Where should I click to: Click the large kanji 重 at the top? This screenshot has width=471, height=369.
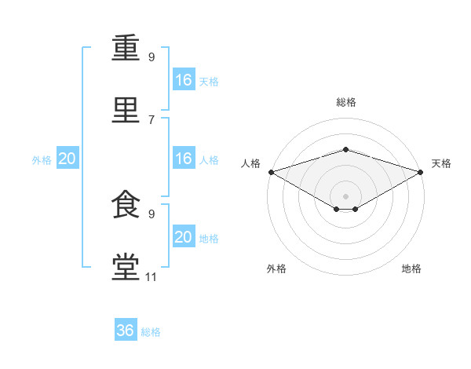(126, 47)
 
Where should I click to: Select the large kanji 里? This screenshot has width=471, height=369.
(126, 110)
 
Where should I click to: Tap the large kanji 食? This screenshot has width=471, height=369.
(126, 204)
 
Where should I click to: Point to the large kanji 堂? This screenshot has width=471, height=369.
(126, 267)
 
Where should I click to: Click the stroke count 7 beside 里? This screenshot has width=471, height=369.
(152, 120)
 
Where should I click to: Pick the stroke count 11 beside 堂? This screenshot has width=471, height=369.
(151, 277)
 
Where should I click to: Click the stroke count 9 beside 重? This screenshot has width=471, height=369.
(152, 57)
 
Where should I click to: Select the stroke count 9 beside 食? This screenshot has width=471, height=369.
(152, 214)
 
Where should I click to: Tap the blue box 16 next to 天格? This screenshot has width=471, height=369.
(184, 79)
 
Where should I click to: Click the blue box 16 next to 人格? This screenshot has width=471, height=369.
(184, 158)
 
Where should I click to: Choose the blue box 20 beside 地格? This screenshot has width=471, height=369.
(184, 236)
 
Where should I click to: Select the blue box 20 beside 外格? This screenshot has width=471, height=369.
(68, 158)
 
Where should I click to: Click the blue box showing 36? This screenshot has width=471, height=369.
(126, 329)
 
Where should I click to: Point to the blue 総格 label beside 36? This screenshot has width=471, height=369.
(151, 332)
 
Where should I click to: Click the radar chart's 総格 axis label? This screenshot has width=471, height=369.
(346, 102)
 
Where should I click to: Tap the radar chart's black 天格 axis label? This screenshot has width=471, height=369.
(441, 163)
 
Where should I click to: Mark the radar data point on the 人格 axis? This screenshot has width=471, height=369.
(272, 172)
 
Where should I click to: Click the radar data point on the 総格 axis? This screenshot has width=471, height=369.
(345, 149)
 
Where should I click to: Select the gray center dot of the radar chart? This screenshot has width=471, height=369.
(345, 196)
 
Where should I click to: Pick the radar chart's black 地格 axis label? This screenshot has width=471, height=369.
(411, 269)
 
